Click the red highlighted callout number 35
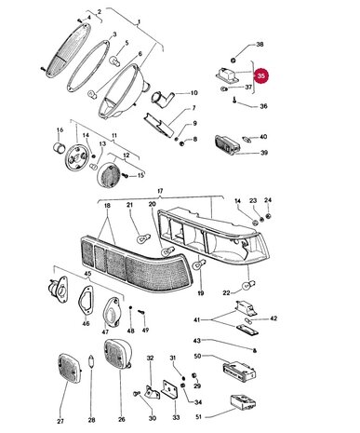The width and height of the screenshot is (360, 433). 261,75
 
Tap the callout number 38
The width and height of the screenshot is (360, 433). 260,44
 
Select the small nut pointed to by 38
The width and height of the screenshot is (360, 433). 233,59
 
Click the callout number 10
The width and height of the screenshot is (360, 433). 193,93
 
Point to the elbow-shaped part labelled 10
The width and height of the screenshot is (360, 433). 161,99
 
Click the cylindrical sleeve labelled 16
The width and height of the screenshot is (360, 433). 59,147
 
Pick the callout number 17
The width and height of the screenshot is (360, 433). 160,191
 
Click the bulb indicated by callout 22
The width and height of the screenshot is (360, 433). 249,284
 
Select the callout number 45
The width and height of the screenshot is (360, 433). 88,273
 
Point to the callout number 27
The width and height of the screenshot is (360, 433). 60,421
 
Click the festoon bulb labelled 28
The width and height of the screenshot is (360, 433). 91,362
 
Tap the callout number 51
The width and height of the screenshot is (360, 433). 199,416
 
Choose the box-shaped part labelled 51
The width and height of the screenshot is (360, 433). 243,404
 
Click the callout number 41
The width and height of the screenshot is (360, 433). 197,319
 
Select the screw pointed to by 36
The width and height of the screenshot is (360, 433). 234,100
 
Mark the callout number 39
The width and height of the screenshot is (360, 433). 263,153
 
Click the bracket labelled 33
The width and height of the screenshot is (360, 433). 169,389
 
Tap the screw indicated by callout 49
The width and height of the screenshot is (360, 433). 142,312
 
